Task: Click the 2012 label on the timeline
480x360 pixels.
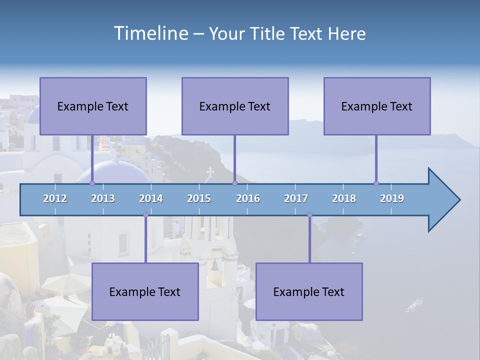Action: coord(55,198)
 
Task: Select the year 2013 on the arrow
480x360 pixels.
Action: coord(103,198)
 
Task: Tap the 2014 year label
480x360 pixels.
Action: coord(151,198)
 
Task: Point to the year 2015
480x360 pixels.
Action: coord(199,198)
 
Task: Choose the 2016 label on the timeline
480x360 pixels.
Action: coord(248,198)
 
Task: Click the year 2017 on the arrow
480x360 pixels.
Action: coord(296,198)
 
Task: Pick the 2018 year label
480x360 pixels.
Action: coord(344,198)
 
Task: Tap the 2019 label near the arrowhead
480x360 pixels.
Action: coord(392,198)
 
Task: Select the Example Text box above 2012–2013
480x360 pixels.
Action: coord(93,106)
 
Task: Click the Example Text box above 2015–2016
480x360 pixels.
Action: coord(235,106)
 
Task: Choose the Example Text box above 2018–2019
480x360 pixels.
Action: coord(377,106)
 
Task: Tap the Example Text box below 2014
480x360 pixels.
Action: coord(145,291)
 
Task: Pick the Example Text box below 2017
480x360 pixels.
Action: coord(309,291)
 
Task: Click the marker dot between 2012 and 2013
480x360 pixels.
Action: coord(92,183)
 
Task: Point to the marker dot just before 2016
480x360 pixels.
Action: coord(234,183)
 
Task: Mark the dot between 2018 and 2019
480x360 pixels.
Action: coord(376,183)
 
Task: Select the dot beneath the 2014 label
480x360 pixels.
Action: coord(145,215)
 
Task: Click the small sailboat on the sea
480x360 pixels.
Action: coord(414,303)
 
